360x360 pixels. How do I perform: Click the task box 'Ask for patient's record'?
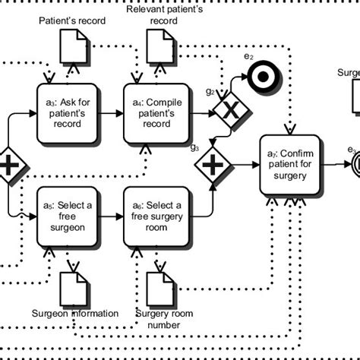pos(67,112)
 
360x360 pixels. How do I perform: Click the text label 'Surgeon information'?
pos(74,313)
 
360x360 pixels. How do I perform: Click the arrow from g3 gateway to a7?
pos(245,164)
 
